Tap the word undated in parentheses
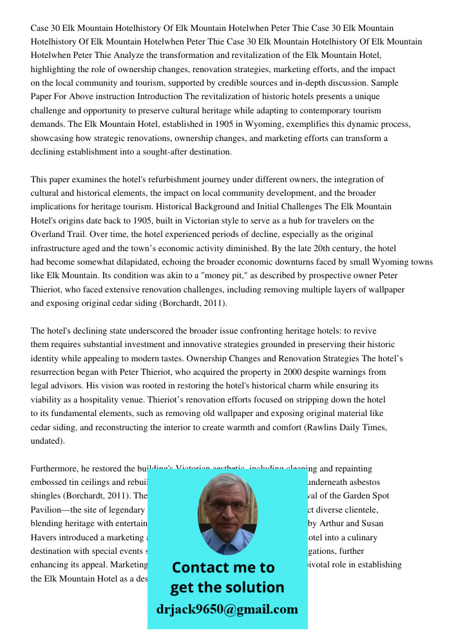pyautogui.click(x=46, y=442)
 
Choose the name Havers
pyautogui.click(x=46, y=538)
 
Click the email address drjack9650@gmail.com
pyautogui.click(x=227, y=609)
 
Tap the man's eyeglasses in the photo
pyautogui.click(x=227, y=507)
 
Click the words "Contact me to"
pyautogui.click(x=223, y=568)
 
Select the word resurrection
pyautogui.click(x=56, y=372)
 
